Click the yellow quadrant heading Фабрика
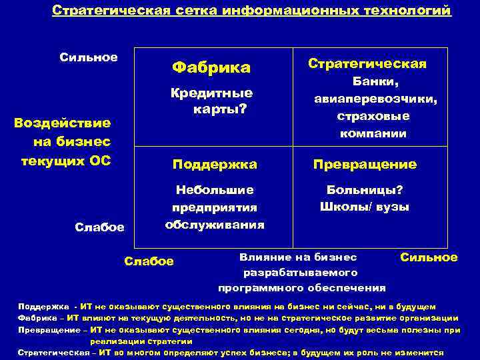pyautogui.click(x=211, y=67)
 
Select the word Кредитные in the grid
pyautogui.click(x=211, y=93)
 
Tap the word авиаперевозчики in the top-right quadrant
pyautogui.click(x=376, y=99)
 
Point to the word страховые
pyautogui.click(x=373, y=116)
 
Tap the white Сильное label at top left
pyautogui.click(x=89, y=57)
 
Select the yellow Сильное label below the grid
pyautogui.click(x=429, y=257)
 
